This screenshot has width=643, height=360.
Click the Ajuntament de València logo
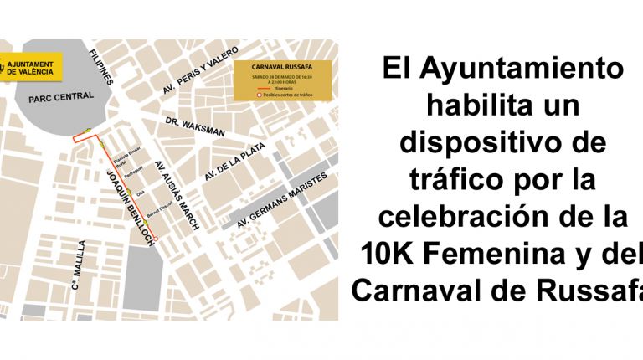tap(30, 68)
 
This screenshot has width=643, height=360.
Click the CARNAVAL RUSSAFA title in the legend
tap(285, 65)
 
